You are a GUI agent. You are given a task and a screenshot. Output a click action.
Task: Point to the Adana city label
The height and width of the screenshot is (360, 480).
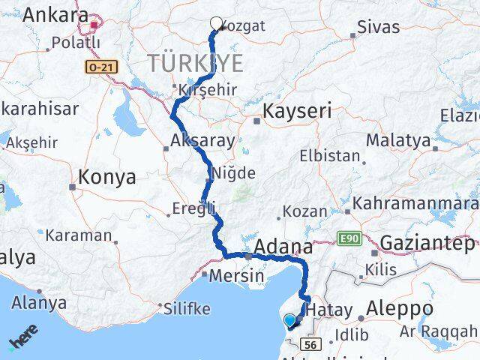pyautogui.click(x=283, y=246)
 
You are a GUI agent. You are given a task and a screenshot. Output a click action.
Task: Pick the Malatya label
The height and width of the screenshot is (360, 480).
pyautogui.click(x=398, y=140)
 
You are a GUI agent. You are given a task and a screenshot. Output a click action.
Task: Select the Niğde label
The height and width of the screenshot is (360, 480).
pyautogui.click(x=234, y=173)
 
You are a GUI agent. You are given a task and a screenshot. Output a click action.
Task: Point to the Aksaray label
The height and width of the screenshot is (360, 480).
pyautogui.click(x=202, y=140)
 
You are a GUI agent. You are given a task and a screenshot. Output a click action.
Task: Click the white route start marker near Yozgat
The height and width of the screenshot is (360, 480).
pyautogui.click(x=217, y=23)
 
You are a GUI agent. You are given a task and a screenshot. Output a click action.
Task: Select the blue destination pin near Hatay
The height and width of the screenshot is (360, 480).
pyautogui.click(x=290, y=321)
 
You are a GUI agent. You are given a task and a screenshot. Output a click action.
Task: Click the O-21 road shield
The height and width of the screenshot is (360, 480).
pyautogui.click(x=98, y=67)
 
